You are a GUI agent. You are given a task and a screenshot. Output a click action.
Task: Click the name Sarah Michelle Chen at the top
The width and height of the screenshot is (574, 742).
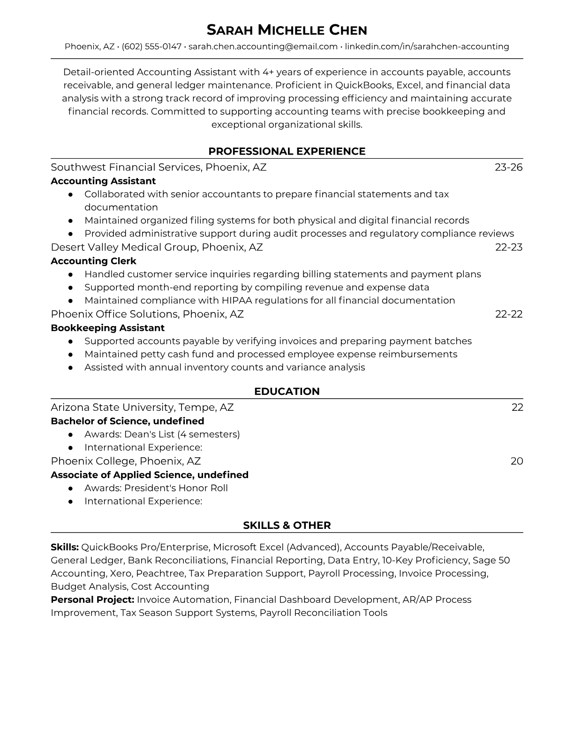click(287, 30)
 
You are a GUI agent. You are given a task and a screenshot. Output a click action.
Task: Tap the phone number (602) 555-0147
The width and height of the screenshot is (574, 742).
click(151, 46)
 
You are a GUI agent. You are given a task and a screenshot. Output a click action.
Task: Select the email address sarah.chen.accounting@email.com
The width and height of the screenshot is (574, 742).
click(263, 46)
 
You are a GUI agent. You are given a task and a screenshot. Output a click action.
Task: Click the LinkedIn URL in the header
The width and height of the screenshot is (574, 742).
click(427, 46)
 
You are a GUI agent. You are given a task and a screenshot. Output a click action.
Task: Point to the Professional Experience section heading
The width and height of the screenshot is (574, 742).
click(287, 151)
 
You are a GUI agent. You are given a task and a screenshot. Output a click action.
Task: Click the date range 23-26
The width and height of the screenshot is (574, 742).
click(508, 167)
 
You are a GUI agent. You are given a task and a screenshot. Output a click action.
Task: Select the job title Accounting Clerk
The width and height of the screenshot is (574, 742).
click(93, 261)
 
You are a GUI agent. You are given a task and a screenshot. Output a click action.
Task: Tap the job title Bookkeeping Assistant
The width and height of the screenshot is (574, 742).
click(107, 328)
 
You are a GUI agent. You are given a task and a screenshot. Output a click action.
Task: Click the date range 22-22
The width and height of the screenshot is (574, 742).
click(508, 314)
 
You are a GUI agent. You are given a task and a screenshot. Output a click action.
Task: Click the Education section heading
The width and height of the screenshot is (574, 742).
click(287, 392)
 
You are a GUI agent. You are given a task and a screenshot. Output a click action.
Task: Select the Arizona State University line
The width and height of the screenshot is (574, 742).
click(142, 408)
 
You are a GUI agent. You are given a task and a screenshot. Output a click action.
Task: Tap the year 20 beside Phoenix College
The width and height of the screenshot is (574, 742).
click(516, 461)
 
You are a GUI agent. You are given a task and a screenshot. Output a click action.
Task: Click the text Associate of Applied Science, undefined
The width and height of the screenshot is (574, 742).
click(149, 475)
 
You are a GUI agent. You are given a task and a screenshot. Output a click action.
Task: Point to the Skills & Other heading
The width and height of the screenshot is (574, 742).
click(287, 526)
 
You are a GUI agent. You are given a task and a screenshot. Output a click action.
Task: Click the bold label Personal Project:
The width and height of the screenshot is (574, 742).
click(92, 600)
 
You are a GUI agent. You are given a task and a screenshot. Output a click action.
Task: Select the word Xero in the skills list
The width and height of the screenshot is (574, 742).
click(121, 573)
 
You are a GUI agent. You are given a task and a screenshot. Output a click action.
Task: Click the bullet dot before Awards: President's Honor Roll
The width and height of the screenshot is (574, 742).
click(70, 488)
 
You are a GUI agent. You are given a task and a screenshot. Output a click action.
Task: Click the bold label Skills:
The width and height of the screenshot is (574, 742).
click(65, 547)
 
